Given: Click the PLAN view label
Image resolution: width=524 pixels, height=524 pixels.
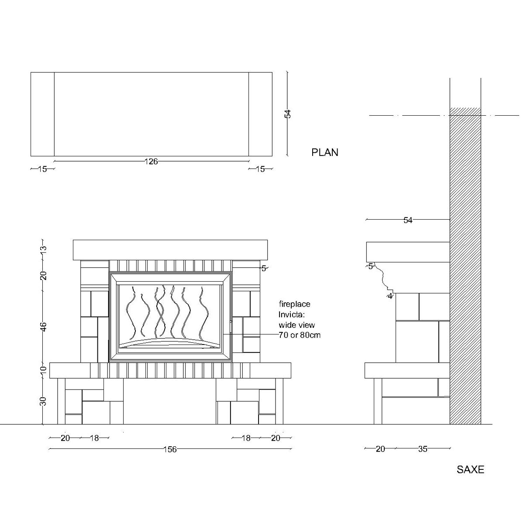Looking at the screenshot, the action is tap(325, 152).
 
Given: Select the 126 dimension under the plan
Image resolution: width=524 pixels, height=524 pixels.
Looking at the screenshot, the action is tap(151, 162).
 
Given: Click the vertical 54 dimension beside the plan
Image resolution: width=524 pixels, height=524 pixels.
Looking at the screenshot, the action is tap(288, 114).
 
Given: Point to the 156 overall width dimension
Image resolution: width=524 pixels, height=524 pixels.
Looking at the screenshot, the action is tap(170, 449).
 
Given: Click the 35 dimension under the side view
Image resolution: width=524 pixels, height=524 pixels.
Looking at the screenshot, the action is tap(423, 449).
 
